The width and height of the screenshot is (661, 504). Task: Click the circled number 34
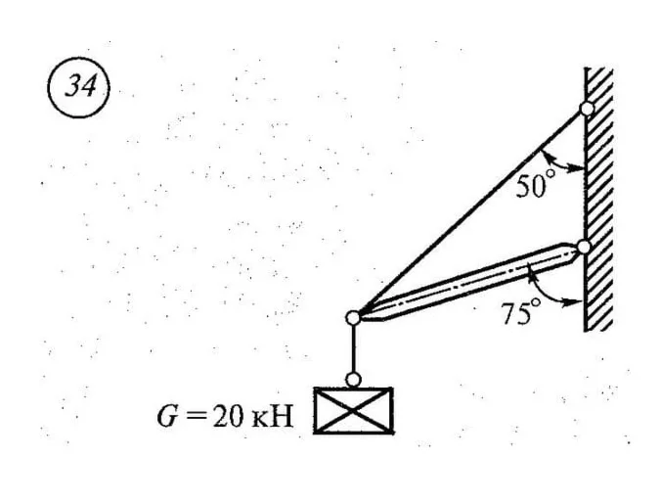tap(78, 87)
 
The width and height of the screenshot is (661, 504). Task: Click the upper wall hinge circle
tap(587, 109)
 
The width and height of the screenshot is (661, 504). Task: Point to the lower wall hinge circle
tap(584, 247)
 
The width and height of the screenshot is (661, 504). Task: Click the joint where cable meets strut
tap(353, 318)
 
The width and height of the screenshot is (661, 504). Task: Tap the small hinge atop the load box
tap(353, 379)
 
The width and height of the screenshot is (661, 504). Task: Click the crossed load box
tap(354, 410)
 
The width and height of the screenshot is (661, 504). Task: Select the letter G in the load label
tap(166, 417)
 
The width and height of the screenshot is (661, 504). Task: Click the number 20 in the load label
tap(228, 417)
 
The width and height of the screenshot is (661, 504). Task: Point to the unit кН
tap(272, 417)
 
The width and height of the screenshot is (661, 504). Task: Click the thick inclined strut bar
tap(468, 282)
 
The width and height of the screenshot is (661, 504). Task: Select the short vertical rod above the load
tap(353, 348)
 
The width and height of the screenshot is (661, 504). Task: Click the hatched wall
tap(598, 199)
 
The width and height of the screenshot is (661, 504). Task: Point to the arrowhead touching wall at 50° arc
tap(577, 168)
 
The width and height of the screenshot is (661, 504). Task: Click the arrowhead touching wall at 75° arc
tap(575, 301)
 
